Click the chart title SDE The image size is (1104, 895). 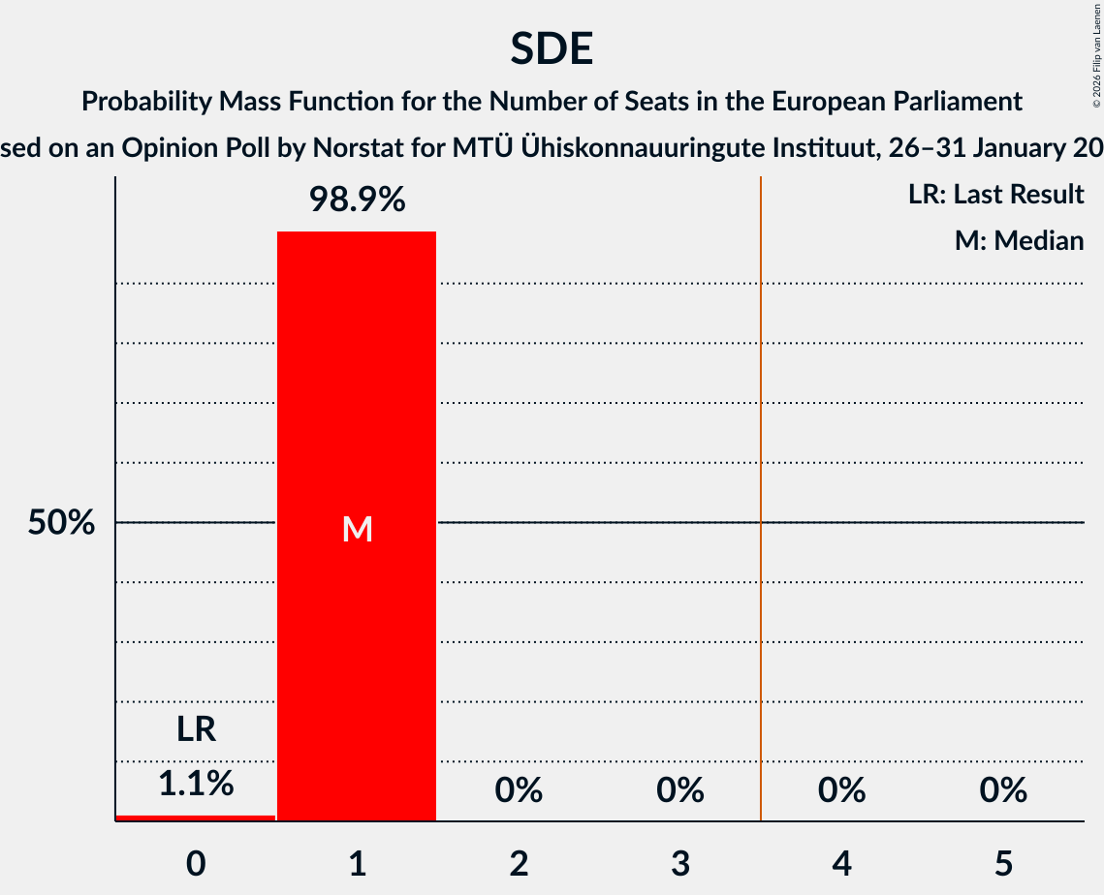click(x=552, y=48)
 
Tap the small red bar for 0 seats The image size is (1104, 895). click(x=196, y=818)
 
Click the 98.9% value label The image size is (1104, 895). click(x=357, y=200)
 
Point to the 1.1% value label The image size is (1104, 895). click(x=196, y=784)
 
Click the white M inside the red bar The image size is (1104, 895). click(x=357, y=529)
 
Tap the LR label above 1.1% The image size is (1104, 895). click(x=196, y=729)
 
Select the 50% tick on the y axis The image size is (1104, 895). click(x=61, y=523)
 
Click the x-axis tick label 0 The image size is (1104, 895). click(x=196, y=863)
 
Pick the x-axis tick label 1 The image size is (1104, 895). click(x=357, y=863)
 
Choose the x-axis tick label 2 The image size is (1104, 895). click(x=519, y=863)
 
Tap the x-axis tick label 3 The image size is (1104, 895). click(x=680, y=863)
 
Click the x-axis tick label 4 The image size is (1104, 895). click(x=841, y=863)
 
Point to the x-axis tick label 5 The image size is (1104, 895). click(x=1003, y=863)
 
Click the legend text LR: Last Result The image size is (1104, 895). click(x=995, y=195)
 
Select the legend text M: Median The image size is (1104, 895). click(x=1019, y=240)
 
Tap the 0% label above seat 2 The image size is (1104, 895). click(x=519, y=790)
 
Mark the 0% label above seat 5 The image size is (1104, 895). click(x=1003, y=790)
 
